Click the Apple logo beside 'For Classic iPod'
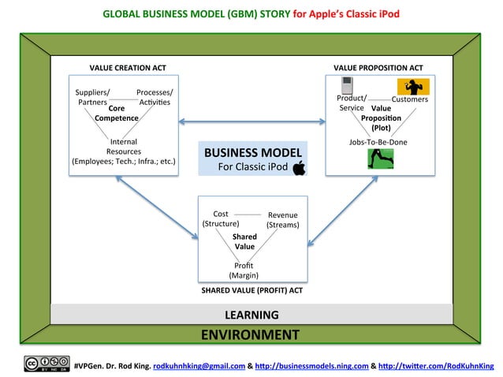(x=298, y=167)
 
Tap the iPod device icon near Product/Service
(x=345, y=85)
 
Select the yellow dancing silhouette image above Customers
(x=412, y=86)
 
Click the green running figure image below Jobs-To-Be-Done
(x=380, y=159)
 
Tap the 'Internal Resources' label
(x=124, y=147)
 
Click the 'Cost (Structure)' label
(x=221, y=218)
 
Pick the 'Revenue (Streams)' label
(x=282, y=219)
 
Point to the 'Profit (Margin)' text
(x=244, y=270)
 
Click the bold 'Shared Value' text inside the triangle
(x=244, y=241)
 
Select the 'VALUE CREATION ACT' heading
(x=127, y=67)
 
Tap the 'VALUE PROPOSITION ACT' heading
(x=378, y=67)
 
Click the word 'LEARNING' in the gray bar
(x=251, y=315)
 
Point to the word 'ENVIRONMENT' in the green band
(x=250, y=334)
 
